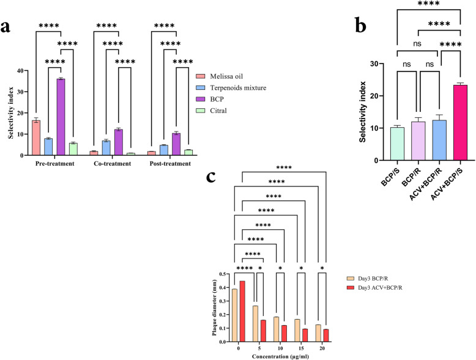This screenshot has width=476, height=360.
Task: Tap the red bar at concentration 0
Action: pyautogui.click(x=242, y=312)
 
